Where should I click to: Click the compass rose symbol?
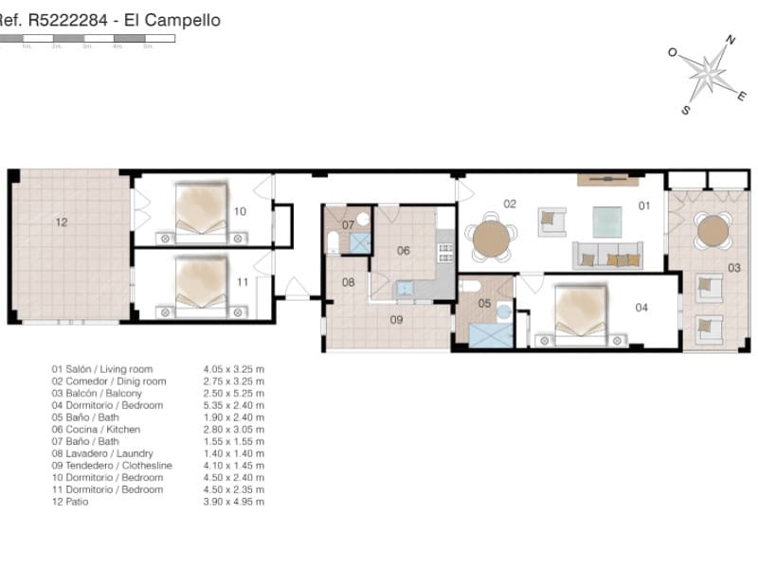coord(706,74)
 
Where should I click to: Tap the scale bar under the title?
coord(87,39)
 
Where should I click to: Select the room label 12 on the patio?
coord(62,222)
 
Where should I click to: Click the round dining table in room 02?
coord(491,239)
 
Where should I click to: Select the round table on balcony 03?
coord(713,230)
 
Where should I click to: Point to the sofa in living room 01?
coord(607,256)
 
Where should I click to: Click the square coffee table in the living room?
coord(609,222)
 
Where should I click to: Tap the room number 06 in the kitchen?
coord(403,251)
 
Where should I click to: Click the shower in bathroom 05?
coord(491,335)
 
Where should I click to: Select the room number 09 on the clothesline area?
coord(396,320)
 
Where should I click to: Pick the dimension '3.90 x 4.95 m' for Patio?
coord(233,502)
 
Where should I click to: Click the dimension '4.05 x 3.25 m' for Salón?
coord(233,369)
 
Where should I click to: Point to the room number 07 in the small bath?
coord(348,225)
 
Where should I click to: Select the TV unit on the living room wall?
coord(607,179)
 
